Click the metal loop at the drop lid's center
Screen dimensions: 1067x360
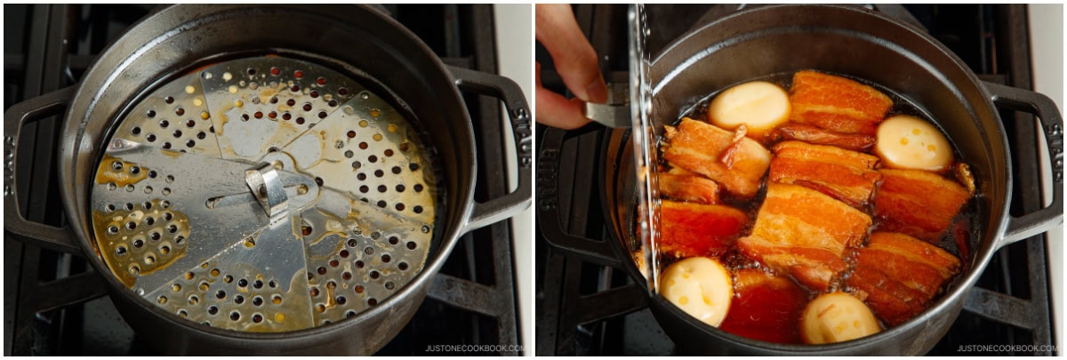coord(268,188)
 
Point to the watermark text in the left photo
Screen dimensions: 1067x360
coord(477,348)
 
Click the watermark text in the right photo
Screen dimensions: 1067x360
coord(1009,348)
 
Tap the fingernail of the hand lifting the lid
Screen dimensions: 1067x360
coord(597,89)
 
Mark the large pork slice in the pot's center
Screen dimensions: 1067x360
coord(805,233)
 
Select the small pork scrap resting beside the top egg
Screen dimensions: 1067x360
coord(734,145)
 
